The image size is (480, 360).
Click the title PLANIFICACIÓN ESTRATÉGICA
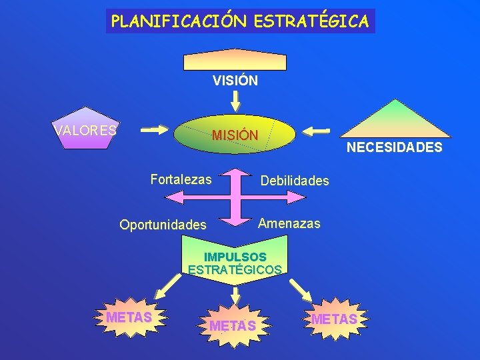tap(240, 21)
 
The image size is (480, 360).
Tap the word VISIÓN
tap(235, 81)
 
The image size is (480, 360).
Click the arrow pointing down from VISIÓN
tap(235, 100)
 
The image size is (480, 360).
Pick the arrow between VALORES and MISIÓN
tap(154, 129)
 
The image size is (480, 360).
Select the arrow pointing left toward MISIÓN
tap(319, 130)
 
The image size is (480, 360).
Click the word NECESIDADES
tap(394, 147)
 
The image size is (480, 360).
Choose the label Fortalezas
tap(181, 179)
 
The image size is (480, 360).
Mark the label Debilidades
tap(295, 181)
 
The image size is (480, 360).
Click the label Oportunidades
tap(163, 225)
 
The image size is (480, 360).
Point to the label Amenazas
tap(289, 223)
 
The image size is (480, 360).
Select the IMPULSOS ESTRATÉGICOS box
tap(235, 264)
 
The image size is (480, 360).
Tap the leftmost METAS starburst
tap(129, 318)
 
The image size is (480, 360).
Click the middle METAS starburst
tap(233, 325)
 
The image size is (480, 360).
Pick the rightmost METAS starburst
tap(334, 319)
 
